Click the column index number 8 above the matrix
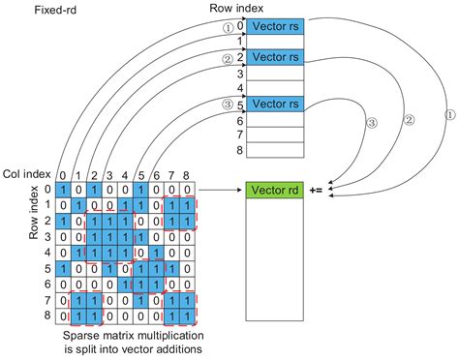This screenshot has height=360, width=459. (185, 175)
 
